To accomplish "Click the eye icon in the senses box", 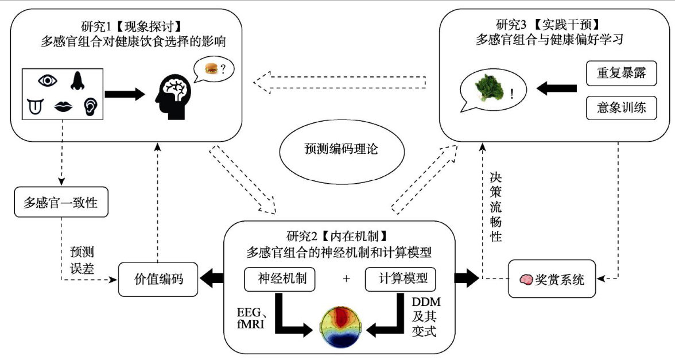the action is click(48, 80).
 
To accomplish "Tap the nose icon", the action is click(77, 80).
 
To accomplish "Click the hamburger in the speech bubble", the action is click(211, 68).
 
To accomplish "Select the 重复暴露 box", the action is click(621, 73).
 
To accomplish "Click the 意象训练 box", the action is click(621, 108).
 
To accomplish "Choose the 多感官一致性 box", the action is click(61, 202).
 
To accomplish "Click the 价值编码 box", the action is click(158, 280).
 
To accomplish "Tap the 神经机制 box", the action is click(280, 279).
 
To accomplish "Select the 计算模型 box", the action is click(401, 279).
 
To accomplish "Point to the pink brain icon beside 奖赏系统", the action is click(526, 280).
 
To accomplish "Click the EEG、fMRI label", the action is click(250, 318).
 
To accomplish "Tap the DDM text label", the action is click(426, 302).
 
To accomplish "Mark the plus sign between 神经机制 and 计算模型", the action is click(347, 279).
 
